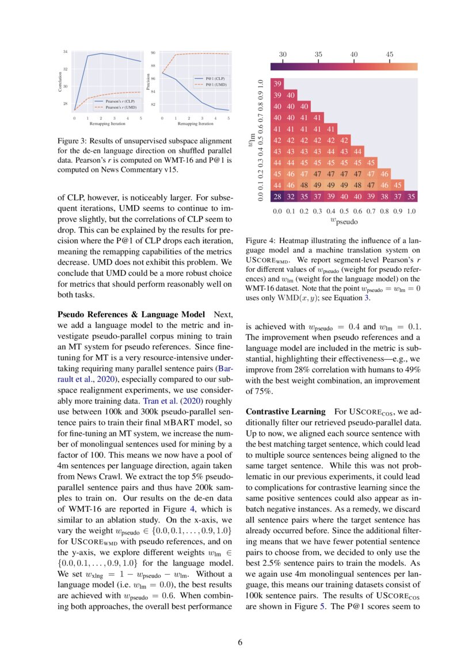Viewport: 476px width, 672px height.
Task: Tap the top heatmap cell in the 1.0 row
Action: pos(277,84)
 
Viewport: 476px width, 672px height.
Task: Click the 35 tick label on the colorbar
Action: pos(318,54)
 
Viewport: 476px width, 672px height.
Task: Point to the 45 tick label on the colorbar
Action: pos(390,54)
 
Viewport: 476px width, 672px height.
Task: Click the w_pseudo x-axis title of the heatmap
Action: pos(344,220)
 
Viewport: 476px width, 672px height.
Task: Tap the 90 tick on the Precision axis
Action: pos(153,52)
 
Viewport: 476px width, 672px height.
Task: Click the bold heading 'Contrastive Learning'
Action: pos(278,412)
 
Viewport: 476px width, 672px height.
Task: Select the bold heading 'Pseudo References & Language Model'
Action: pos(131,314)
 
